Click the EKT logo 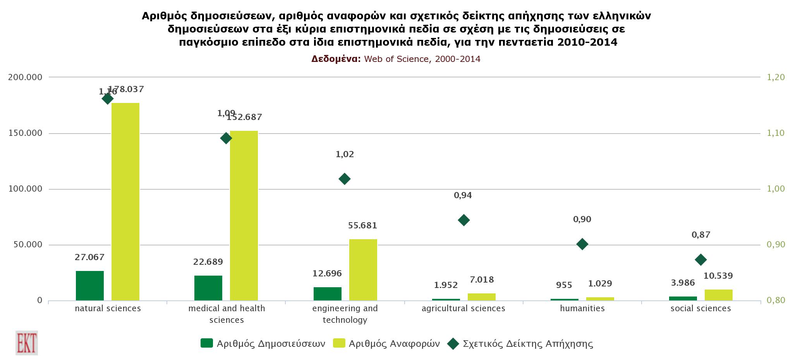27,343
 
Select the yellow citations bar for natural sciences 125,201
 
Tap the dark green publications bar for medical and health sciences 208,288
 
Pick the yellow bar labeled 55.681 363,270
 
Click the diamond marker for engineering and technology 344,179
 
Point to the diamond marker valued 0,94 463,220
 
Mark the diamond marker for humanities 582,244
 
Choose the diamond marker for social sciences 700,259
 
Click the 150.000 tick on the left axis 26,133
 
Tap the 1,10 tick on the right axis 776,133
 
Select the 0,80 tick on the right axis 776,300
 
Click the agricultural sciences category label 463,309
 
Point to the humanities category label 582,309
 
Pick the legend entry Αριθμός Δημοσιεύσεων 263,343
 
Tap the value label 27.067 89,257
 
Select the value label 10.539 718,276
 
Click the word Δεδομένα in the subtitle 336,59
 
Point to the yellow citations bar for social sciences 718,295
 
